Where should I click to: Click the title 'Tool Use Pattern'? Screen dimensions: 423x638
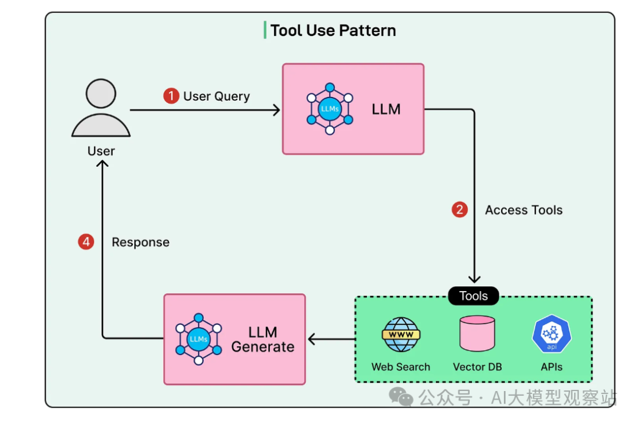tap(333, 30)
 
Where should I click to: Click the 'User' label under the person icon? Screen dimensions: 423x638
tap(101, 151)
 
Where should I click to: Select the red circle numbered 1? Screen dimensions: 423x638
tap(171, 96)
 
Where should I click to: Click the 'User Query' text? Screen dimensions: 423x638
tap(216, 96)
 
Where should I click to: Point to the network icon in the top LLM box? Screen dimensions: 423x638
tap(330, 109)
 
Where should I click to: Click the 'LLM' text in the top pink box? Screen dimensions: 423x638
tap(386, 109)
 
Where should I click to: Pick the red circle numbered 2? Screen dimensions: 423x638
tap(460, 209)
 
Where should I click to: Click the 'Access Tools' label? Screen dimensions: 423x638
tap(523, 210)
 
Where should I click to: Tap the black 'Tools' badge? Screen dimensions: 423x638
tap(473, 296)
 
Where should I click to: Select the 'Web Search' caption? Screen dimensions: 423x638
tap(401, 367)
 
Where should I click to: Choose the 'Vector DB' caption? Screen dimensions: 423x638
tap(477, 367)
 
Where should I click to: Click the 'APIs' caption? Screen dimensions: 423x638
tap(551, 367)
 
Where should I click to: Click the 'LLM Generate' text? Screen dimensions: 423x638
tap(263, 340)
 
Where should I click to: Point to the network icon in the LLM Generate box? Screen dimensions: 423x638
tap(198, 339)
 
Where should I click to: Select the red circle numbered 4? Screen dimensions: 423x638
tap(86, 242)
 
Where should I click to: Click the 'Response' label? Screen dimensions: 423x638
tap(141, 243)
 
